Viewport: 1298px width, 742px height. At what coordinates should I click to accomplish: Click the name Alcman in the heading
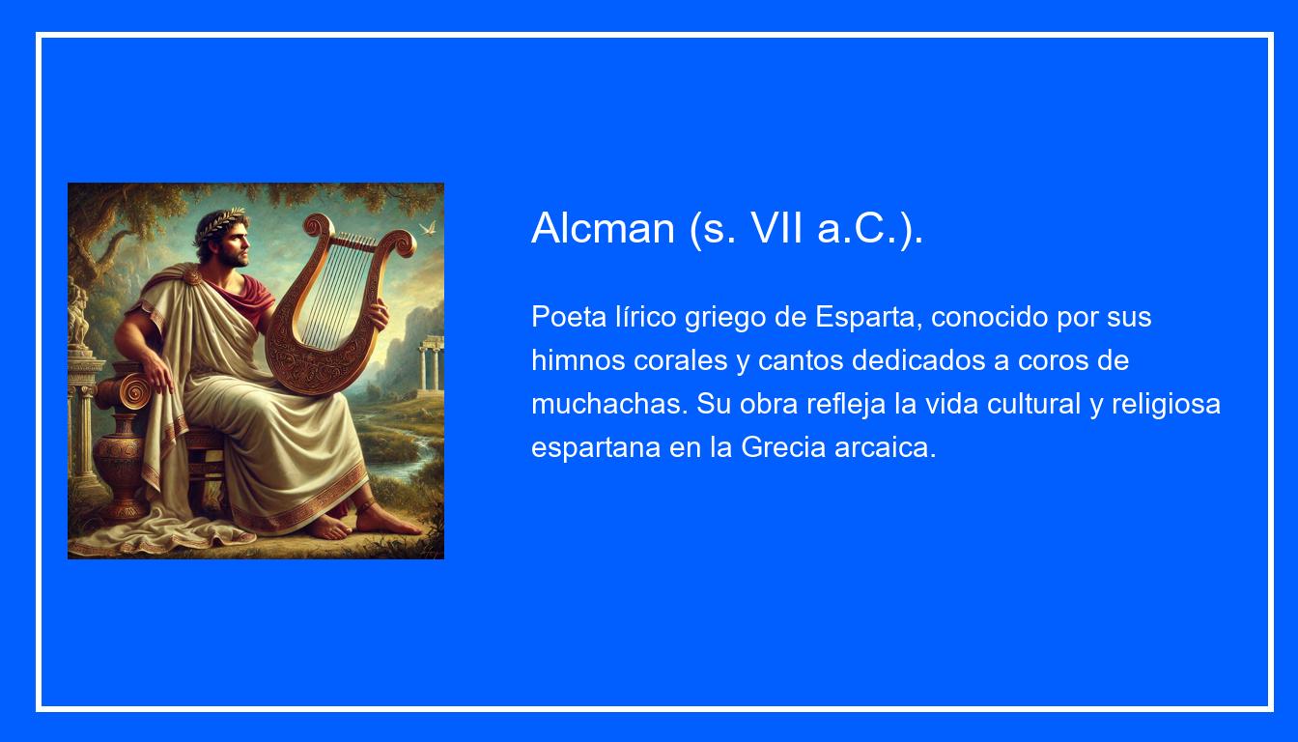click(x=603, y=228)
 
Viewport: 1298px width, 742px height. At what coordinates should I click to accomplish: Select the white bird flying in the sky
click(x=427, y=229)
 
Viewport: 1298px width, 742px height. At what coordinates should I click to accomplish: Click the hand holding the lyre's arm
click(x=377, y=313)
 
